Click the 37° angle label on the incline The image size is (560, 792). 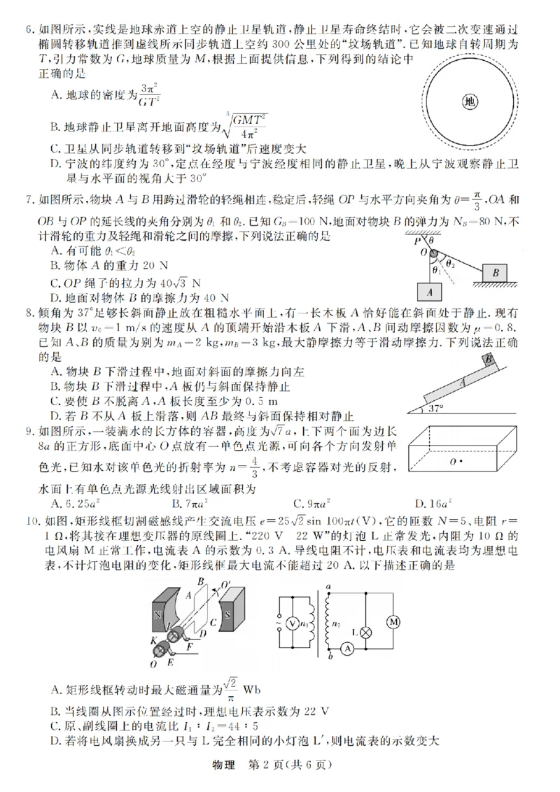coord(435,409)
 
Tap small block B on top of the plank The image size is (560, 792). coord(489,360)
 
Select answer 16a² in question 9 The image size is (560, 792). coord(430,503)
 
